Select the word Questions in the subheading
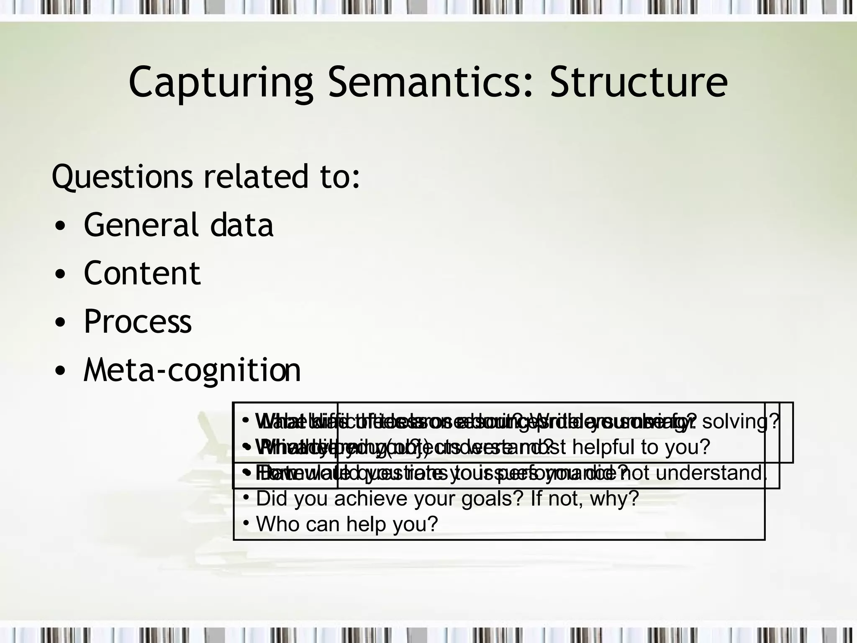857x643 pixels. pos(122,177)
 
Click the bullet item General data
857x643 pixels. pos(178,225)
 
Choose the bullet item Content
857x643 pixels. pos(142,273)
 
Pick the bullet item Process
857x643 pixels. pos(138,321)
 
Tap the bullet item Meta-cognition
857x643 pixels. pos(192,370)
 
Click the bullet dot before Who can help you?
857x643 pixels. pos(246,523)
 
